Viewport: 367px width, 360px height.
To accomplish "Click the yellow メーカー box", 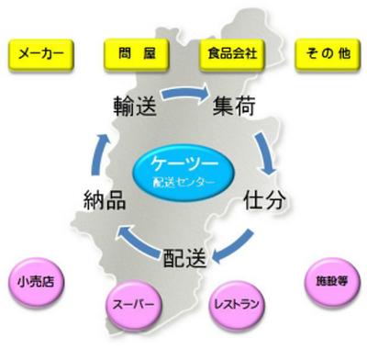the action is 41,55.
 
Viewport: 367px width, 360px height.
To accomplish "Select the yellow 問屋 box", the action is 137,55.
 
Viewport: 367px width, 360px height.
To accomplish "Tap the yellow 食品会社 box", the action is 232,55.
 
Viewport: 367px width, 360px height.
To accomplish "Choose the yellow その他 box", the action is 328,55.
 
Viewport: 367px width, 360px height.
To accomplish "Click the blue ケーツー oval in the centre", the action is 183,172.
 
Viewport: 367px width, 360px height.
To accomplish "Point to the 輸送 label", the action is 135,107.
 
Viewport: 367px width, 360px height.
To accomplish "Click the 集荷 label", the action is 234,107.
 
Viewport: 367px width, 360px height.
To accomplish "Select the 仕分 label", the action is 264,200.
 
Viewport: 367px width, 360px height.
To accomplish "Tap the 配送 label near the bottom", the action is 184,258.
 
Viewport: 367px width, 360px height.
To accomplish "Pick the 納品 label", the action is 105,200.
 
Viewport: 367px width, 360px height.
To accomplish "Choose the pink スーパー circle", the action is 133,305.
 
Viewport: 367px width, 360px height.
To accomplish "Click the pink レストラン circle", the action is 237,305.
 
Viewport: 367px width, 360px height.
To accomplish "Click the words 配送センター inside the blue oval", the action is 183,183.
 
